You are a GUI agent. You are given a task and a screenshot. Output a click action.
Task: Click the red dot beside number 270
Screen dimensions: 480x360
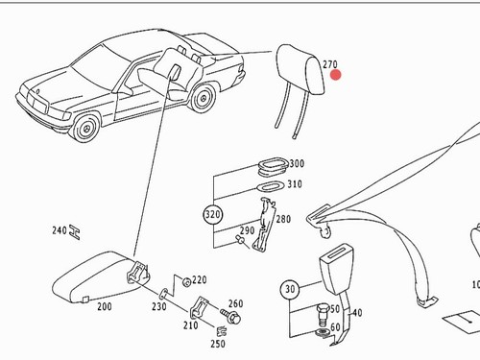[x=336, y=75]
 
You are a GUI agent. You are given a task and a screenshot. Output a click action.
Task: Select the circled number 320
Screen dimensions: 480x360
[x=213, y=214]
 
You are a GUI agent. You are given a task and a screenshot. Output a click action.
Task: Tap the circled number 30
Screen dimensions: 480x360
[x=290, y=289]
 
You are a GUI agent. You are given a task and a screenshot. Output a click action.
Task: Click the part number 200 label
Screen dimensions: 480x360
[x=105, y=306]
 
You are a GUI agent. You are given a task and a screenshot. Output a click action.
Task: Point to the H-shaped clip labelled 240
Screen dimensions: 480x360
[x=75, y=232]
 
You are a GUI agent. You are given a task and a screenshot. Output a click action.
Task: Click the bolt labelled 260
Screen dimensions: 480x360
[x=231, y=316]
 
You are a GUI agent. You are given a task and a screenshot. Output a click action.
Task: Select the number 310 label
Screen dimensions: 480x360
[x=295, y=184]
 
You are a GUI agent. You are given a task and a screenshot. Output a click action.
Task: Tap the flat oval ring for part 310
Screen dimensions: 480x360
[x=271, y=186]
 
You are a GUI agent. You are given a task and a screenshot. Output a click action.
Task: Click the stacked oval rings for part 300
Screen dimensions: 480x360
[x=273, y=165]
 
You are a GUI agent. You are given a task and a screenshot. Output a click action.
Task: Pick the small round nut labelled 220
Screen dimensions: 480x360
[x=186, y=282]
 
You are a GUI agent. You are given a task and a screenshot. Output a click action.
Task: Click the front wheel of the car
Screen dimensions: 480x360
[x=86, y=129]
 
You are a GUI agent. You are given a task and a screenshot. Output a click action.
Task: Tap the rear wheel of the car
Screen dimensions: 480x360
[x=203, y=98]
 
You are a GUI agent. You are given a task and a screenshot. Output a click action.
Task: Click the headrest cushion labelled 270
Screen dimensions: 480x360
[x=300, y=69]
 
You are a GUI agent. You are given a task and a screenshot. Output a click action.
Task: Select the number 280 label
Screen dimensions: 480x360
[x=283, y=219]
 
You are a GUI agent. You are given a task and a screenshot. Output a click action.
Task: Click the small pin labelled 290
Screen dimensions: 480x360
[x=240, y=239]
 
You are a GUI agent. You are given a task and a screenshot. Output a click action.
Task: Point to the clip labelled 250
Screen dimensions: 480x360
[x=222, y=331]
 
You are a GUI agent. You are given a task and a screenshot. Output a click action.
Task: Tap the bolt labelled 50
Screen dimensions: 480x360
[x=323, y=315]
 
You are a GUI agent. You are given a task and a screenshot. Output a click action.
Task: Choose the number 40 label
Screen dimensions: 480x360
[x=357, y=312]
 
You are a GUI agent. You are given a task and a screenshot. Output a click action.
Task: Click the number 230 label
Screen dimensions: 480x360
[x=159, y=306]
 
